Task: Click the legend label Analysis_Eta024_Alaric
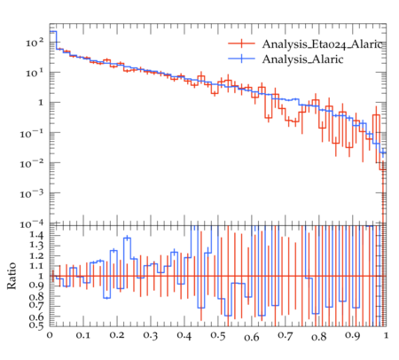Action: [322, 44]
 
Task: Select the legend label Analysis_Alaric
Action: [302, 59]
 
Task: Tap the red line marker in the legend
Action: [241, 43]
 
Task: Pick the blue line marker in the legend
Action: [241, 59]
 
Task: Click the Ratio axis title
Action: [12, 276]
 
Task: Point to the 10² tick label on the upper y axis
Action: [35, 43]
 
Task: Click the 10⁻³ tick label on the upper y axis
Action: [32, 194]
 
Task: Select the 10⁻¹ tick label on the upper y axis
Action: [32, 134]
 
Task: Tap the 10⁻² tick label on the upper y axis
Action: [32, 164]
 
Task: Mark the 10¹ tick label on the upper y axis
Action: [35, 73]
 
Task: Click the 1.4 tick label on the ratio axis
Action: [35, 235]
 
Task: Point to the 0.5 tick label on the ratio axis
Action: [35, 325]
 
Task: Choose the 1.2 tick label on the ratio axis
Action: [35, 255]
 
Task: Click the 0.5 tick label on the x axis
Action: [218, 336]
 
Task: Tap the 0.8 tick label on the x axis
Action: [319, 336]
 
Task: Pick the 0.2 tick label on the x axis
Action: [117, 335]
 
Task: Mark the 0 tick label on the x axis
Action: [50, 335]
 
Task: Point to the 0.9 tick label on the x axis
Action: [353, 336]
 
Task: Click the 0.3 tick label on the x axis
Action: [151, 336]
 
